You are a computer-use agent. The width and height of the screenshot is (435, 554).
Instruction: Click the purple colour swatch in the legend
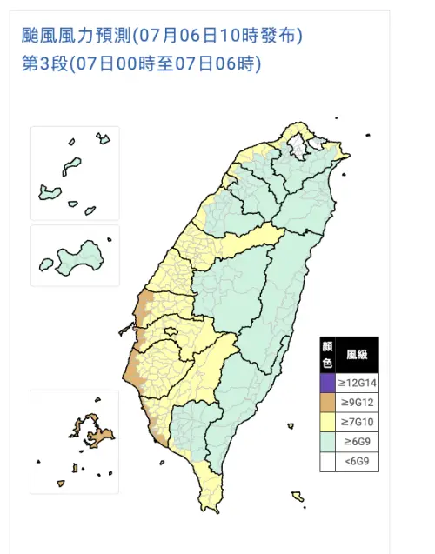(x=326, y=380)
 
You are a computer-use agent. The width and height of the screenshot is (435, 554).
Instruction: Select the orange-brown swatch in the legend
(x=326, y=402)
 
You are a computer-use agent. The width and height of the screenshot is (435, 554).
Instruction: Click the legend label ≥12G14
(x=357, y=380)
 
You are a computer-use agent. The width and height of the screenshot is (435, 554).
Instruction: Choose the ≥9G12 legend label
(x=357, y=402)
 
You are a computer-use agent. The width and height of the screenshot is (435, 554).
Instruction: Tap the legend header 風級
(x=357, y=355)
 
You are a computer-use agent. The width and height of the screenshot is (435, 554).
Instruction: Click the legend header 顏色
(x=326, y=355)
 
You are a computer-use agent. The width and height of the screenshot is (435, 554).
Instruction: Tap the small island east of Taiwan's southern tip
(x=298, y=497)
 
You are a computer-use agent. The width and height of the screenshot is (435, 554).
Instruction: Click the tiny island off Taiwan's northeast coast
(x=369, y=135)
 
